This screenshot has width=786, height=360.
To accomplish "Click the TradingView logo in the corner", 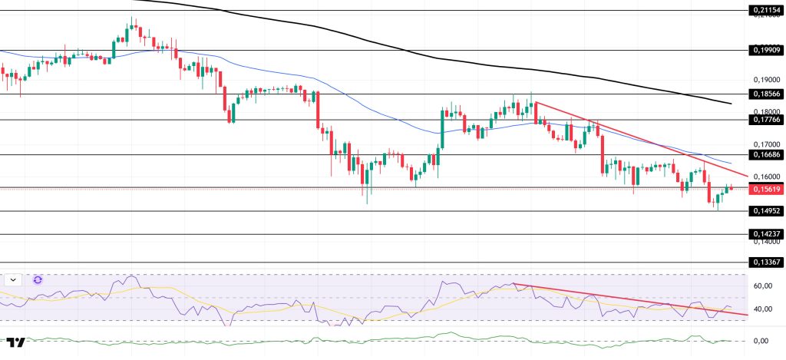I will point(15,342).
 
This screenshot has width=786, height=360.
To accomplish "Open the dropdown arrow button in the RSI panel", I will point(13,280).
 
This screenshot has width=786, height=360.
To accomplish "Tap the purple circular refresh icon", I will point(37,280).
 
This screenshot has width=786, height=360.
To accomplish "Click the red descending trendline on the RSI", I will point(629,299).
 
